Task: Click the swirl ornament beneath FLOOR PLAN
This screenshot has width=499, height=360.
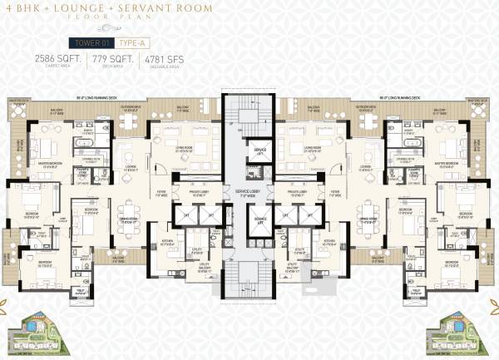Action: pos(249,27)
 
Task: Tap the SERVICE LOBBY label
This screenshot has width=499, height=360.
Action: pos(249,193)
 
